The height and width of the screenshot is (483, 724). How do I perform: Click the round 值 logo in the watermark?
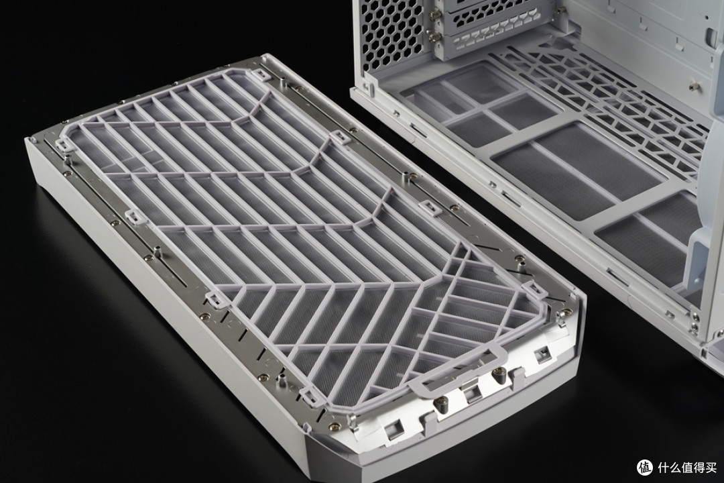point(646,467)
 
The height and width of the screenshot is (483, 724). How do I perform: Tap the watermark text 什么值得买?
point(688,468)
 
